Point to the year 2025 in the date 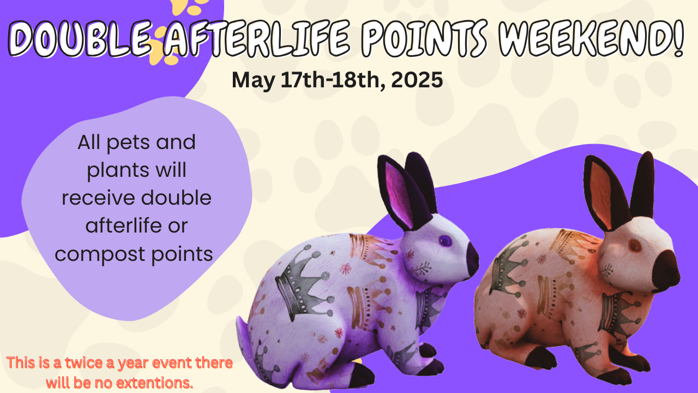[417, 80]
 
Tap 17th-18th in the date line [332, 80]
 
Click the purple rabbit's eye [446, 241]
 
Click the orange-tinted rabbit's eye [634, 246]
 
